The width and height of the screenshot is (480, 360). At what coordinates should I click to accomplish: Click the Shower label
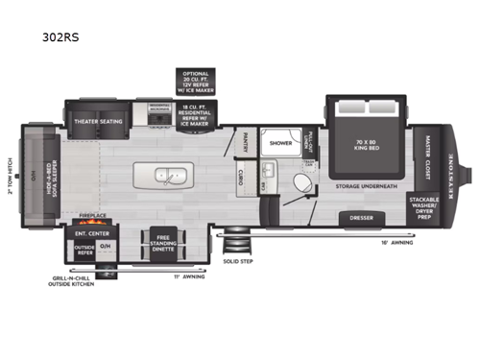coord(280,142)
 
